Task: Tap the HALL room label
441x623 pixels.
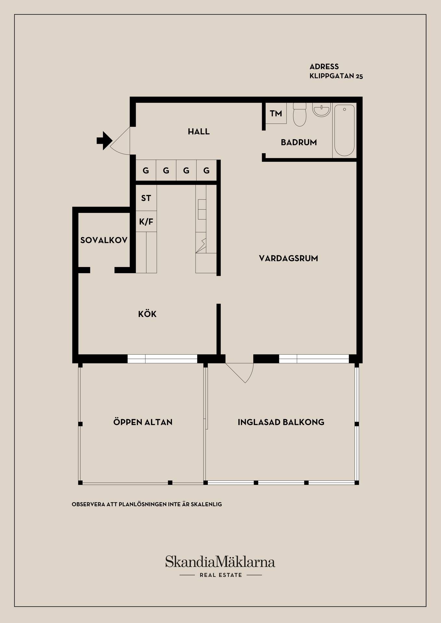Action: point(199,131)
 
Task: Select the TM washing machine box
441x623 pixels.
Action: point(276,113)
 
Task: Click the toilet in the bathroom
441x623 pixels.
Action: point(299,114)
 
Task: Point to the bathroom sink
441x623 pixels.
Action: point(321,109)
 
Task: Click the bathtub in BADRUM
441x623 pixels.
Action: point(345,130)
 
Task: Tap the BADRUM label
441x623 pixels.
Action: point(299,142)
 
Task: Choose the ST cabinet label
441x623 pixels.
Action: point(146,198)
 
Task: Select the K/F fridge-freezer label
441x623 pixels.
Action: point(146,222)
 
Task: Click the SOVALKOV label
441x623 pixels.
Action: point(104,240)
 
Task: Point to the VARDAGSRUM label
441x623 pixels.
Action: point(288,258)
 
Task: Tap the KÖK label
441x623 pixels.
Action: point(147,314)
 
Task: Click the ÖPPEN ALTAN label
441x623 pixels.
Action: point(143,422)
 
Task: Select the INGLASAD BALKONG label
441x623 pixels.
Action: point(281,422)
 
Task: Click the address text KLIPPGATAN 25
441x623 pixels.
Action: point(336,76)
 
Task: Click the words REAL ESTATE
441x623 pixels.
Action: point(221,575)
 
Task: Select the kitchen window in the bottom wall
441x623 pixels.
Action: point(162,359)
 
